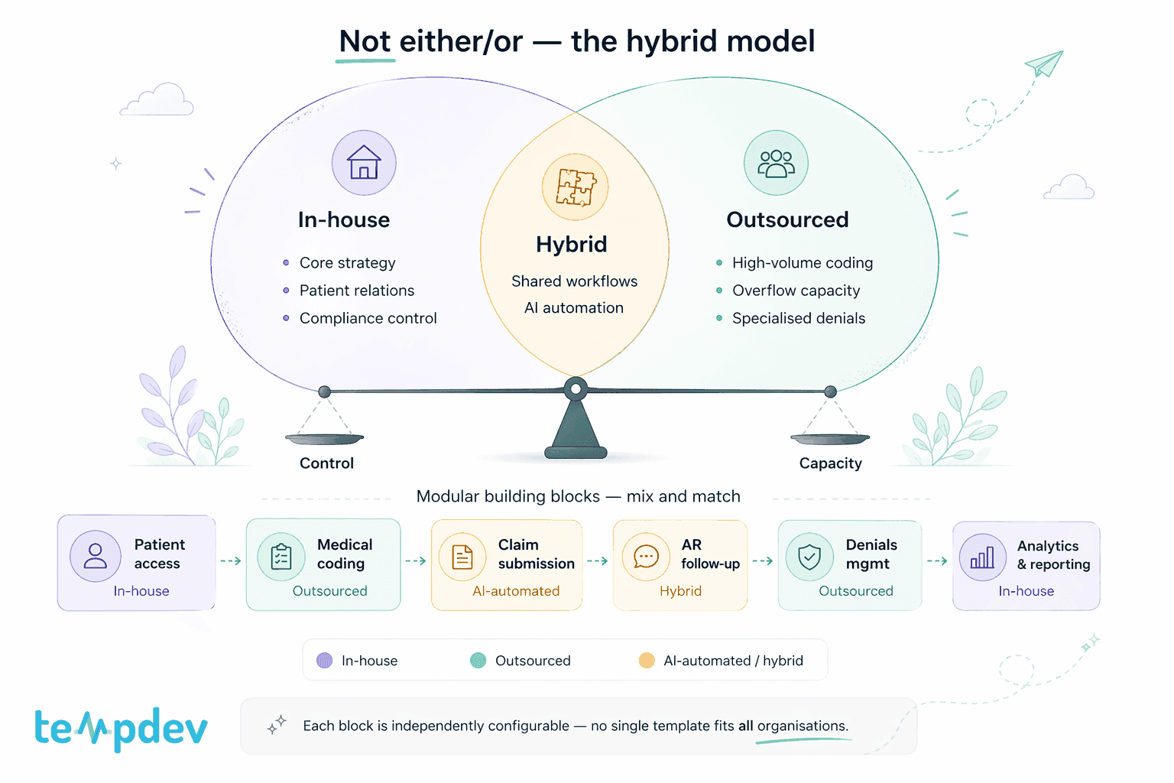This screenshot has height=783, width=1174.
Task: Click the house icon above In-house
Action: pyautogui.click(x=364, y=163)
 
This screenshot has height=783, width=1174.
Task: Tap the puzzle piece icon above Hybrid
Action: pyautogui.click(x=576, y=187)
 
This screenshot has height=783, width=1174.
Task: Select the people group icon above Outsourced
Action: pyautogui.click(x=777, y=164)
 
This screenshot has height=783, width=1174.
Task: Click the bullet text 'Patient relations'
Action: pyautogui.click(x=357, y=291)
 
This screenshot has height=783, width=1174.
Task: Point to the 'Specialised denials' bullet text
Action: pyautogui.click(x=799, y=318)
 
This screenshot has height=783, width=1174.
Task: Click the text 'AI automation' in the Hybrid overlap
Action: pyautogui.click(x=574, y=308)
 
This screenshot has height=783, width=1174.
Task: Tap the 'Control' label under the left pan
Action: pyautogui.click(x=326, y=463)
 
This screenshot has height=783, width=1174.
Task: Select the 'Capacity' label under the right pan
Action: pyautogui.click(x=831, y=463)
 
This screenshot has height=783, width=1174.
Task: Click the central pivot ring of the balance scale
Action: pyautogui.click(x=576, y=388)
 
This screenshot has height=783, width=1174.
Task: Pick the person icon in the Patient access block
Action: pyautogui.click(x=96, y=556)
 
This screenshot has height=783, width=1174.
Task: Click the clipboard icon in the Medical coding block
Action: pyautogui.click(x=281, y=557)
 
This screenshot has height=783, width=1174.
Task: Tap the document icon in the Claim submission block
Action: pyautogui.click(x=462, y=557)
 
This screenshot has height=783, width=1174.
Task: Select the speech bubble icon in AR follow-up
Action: pyautogui.click(x=646, y=557)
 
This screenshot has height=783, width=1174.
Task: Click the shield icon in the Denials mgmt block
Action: pyautogui.click(x=809, y=557)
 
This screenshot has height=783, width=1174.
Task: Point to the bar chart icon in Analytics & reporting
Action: pyautogui.click(x=982, y=557)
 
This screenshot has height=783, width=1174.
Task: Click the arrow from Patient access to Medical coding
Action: pyautogui.click(x=231, y=561)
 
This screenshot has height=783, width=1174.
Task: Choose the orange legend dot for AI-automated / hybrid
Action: pyautogui.click(x=647, y=661)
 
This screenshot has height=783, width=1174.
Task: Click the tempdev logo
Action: pyautogui.click(x=121, y=729)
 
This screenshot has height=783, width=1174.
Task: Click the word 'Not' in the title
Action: pyautogui.click(x=365, y=41)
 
